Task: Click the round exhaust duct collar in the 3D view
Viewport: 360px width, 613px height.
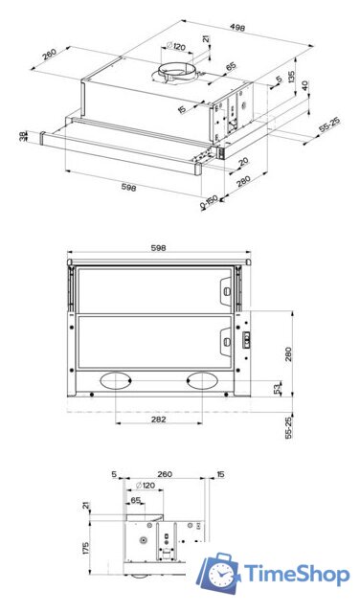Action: [x=176, y=73]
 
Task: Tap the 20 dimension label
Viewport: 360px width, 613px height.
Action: [x=243, y=161]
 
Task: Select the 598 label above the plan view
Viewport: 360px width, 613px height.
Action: [x=159, y=248]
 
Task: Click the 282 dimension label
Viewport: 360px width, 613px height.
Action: [x=160, y=420]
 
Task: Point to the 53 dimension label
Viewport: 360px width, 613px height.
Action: [x=278, y=387]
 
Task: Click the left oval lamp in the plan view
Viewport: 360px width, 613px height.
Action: [x=118, y=380]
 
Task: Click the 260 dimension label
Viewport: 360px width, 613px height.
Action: [x=164, y=473]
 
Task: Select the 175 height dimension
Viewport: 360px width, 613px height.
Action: [x=87, y=549]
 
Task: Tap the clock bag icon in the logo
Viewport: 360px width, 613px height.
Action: [x=220, y=575]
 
